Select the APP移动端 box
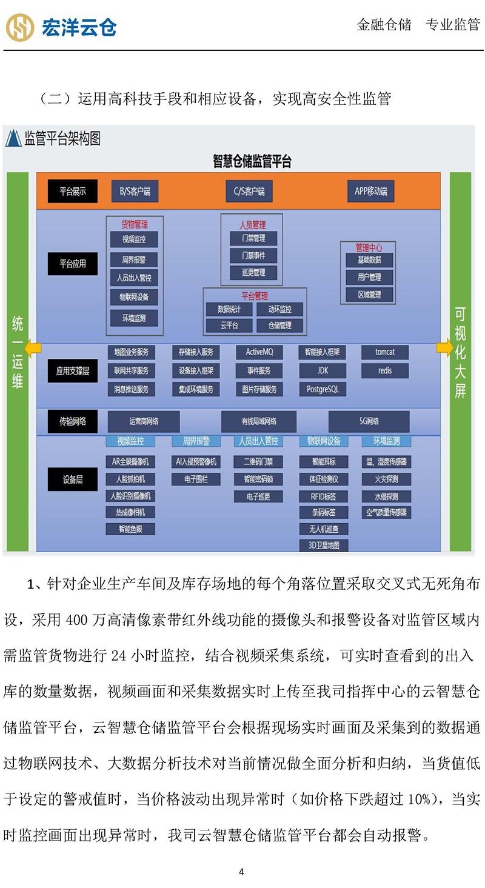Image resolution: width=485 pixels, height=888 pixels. pos(370,192)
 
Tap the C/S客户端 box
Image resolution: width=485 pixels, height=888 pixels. pos(249,192)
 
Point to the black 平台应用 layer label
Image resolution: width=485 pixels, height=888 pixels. pos(72,264)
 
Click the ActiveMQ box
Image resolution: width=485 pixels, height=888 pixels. pos(259,352)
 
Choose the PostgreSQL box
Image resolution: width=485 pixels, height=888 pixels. pos(322,389)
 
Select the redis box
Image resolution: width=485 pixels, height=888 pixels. pos(384,370)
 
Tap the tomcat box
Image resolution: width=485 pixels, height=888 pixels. pos(384,352)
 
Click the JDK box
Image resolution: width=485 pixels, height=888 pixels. pos(322,370)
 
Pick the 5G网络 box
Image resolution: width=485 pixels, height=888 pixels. pos(369,421)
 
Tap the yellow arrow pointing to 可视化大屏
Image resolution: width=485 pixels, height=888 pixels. pos(444,348)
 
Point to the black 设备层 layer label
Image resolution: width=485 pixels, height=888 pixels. pos(72,479)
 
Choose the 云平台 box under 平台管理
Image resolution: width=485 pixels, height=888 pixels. pos(229,325)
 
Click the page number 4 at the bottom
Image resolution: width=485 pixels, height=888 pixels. pos(241,872)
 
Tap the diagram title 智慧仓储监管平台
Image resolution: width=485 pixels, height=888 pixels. pos(252,161)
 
